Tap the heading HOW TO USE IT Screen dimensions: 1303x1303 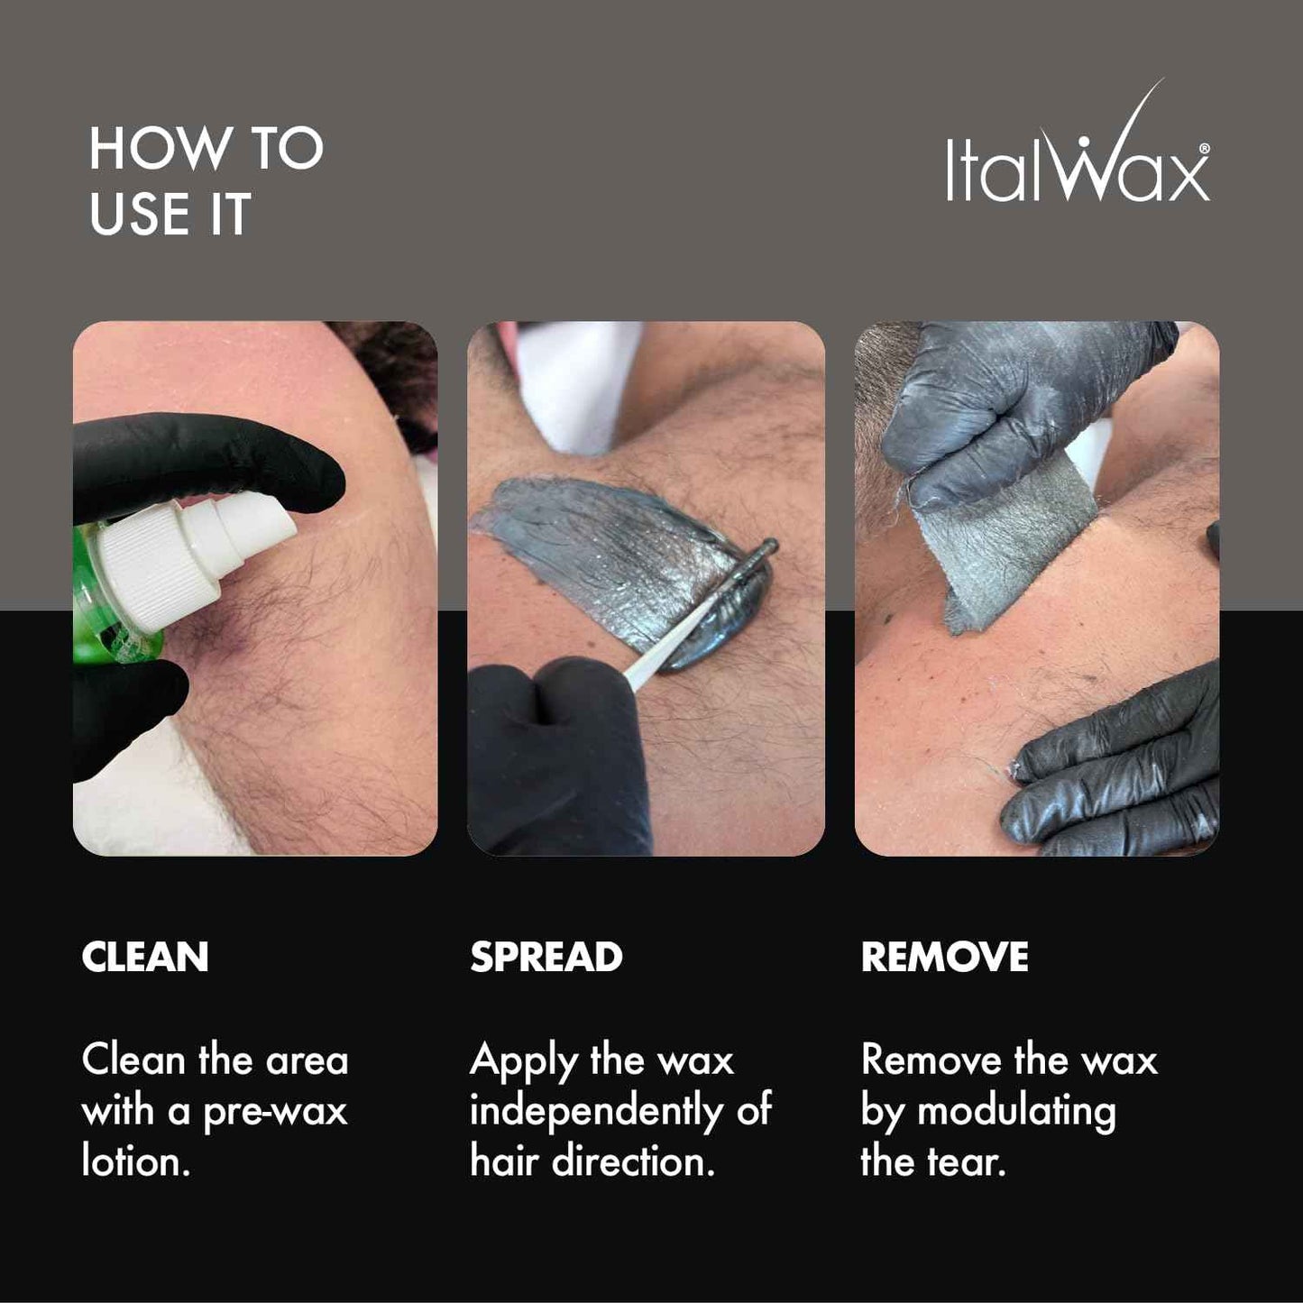[206, 181]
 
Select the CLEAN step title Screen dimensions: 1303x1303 [144, 957]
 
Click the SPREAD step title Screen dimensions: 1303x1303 [546, 957]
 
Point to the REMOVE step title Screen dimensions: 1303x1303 [944, 957]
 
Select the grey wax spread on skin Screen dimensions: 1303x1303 [613, 550]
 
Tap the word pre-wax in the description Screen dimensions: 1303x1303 [275, 1111]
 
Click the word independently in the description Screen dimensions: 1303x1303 [595, 1111]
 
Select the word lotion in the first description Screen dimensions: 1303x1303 [135, 1161]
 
